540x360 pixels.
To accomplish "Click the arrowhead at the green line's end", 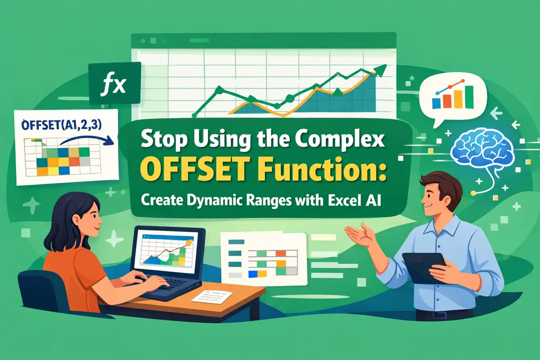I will (x=381, y=69).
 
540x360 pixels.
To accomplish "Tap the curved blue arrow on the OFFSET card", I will (x=84, y=138).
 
